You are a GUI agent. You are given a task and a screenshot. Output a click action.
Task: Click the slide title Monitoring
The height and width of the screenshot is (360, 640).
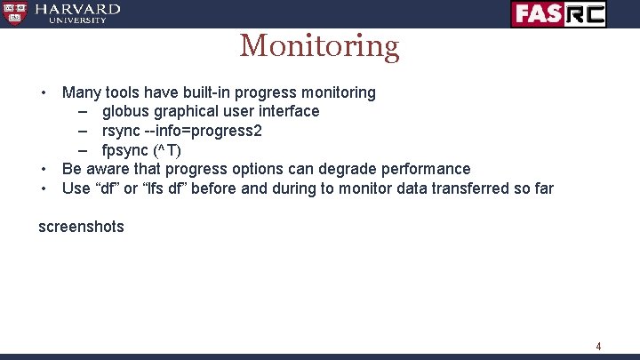pyautogui.click(x=319, y=45)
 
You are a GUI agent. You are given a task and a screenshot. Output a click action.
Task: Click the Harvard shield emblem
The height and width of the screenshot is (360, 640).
pyautogui.click(x=14, y=13)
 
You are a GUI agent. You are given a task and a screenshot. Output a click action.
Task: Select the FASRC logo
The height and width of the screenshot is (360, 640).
pyautogui.click(x=558, y=13)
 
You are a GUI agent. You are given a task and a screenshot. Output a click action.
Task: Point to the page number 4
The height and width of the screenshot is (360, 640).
pyautogui.click(x=598, y=346)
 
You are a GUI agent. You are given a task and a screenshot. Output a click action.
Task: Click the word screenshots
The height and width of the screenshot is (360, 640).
pyautogui.click(x=81, y=227)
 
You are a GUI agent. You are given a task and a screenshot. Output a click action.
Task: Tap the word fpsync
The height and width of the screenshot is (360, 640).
pyautogui.click(x=126, y=149)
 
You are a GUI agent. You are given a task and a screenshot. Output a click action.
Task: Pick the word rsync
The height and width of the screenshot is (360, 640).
pyautogui.click(x=122, y=131)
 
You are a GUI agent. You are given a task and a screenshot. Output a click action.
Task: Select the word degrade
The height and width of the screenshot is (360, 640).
pyautogui.click(x=344, y=169)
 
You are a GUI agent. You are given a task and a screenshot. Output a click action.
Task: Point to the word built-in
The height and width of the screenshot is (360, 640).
pyautogui.click(x=207, y=92)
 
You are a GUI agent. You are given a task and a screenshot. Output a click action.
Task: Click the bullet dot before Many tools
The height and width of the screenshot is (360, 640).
pyautogui.click(x=42, y=93)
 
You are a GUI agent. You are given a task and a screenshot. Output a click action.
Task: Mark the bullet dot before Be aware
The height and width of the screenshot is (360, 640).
pyautogui.click(x=42, y=169)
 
